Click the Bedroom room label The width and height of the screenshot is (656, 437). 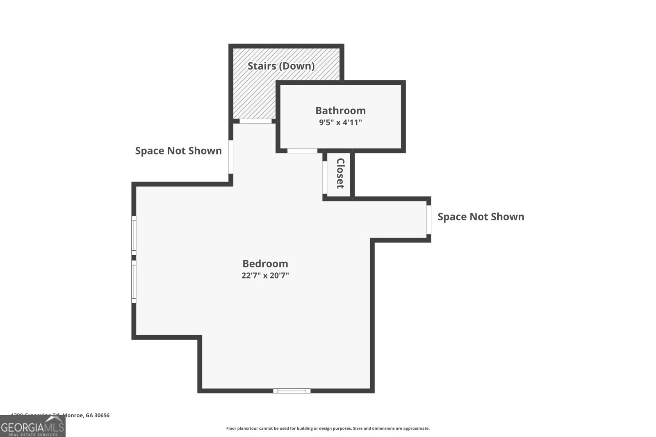[x=265, y=263]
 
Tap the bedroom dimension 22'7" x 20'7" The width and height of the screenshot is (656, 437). [x=265, y=275]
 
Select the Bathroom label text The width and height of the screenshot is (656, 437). [x=340, y=111]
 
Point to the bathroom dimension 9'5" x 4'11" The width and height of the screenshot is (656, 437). [x=340, y=122]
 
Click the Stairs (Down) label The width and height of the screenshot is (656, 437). [x=281, y=66]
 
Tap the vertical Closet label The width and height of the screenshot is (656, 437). [x=340, y=173]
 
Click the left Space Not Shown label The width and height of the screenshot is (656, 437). [x=178, y=151]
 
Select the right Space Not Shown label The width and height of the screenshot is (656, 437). [x=481, y=217]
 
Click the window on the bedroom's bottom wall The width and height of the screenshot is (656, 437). [x=292, y=391]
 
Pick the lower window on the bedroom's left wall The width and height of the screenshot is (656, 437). [x=134, y=281]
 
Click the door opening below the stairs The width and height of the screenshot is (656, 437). [x=255, y=121]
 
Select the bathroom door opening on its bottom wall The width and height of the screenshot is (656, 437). [x=302, y=151]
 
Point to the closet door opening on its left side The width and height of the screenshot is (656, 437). [x=325, y=177]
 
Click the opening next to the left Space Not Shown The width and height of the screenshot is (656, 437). [x=231, y=157]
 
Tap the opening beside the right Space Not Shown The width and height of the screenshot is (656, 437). [x=428, y=220]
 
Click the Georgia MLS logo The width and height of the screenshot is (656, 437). [x=32, y=426]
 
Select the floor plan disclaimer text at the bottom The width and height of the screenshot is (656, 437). [x=328, y=428]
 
